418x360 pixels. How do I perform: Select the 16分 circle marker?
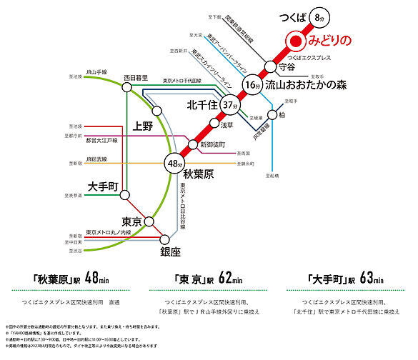pyautogui.click(x=250, y=86)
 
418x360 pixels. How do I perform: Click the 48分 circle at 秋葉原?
pyautogui.click(x=174, y=164)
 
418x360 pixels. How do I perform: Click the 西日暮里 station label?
pyautogui.click(x=135, y=77)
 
